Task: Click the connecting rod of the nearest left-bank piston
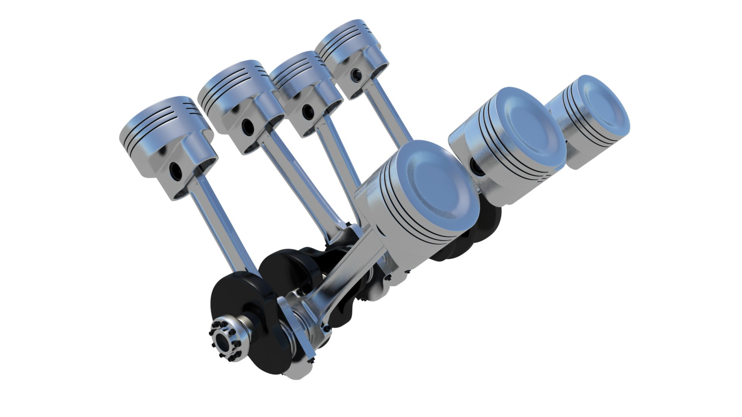point(220,224)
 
